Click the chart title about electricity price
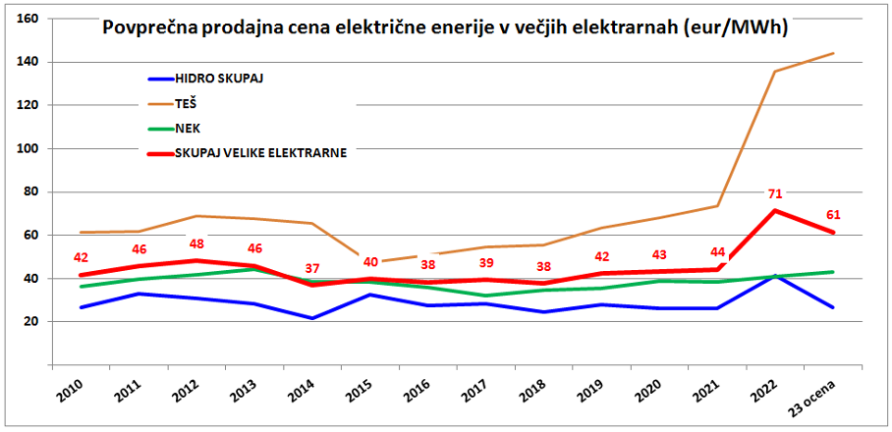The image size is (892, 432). (447, 28)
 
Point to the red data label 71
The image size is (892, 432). (776, 193)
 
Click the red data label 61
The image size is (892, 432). (834, 215)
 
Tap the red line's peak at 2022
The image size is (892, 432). (776, 210)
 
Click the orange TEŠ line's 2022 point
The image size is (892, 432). (776, 71)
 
